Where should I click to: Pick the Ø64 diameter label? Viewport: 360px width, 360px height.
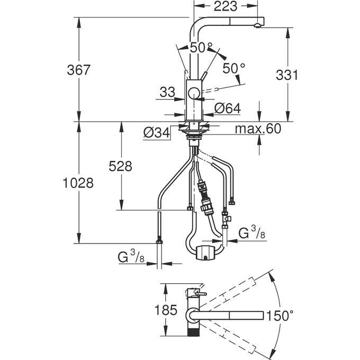coord(228,108)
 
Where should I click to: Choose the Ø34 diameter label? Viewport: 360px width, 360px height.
coord(157,132)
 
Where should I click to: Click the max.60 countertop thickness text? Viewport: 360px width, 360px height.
coord(258,129)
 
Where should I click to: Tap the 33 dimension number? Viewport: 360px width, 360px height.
coord(167,92)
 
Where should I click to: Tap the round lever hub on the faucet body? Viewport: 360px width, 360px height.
coord(195,95)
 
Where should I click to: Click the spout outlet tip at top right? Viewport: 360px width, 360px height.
coord(259,24)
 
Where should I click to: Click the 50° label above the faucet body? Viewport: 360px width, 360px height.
coord(201,48)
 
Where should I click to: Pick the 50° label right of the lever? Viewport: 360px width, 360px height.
coord(233,69)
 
